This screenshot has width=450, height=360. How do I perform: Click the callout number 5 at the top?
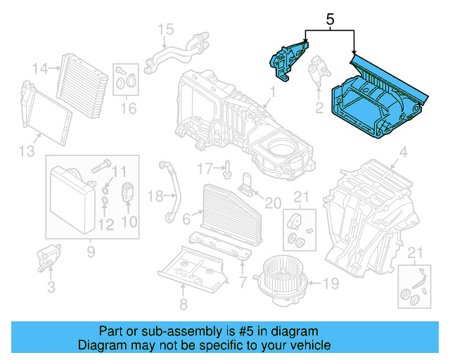point(329,21)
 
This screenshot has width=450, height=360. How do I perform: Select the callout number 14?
point(40,68)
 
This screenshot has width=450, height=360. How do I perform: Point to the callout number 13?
point(25,151)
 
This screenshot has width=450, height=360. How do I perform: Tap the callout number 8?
point(183,304)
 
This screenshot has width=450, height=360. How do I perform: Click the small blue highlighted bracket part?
point(286,58)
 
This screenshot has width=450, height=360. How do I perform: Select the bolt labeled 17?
point(229,169)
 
